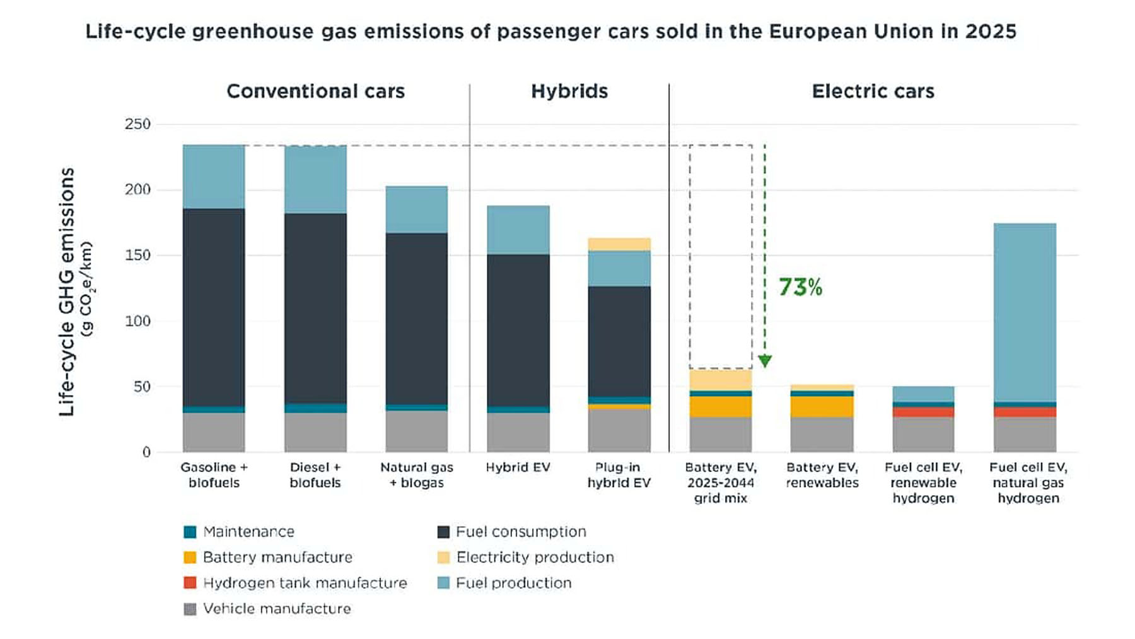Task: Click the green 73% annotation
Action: [x=800, y=287]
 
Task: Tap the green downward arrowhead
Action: [x=765, y=361]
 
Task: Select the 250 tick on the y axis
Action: [x=137, y=124]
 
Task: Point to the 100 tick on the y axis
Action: [x=137, y=321]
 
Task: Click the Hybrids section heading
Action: [x=569, y=91]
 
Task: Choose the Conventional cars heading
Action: [x=315, y=91]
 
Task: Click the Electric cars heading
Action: [x=873, y=91]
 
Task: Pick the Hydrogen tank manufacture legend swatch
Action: [x=190, y=583]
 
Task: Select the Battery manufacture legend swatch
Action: [x=190, y=558]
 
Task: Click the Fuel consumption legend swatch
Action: [x=443, y=532]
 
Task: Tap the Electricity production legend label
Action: [x=535, y=558]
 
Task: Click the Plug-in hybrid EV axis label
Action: [x=619, y=475]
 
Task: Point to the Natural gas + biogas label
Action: [x=416, y=475]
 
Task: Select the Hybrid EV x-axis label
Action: [x=518, y=467]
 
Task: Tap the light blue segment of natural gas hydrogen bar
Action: [x=1025, y=312]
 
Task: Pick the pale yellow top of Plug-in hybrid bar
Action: [x=619, y=244]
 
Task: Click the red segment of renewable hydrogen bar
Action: [x=923, y=412]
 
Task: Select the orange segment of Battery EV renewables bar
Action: [x=822, y=407]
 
